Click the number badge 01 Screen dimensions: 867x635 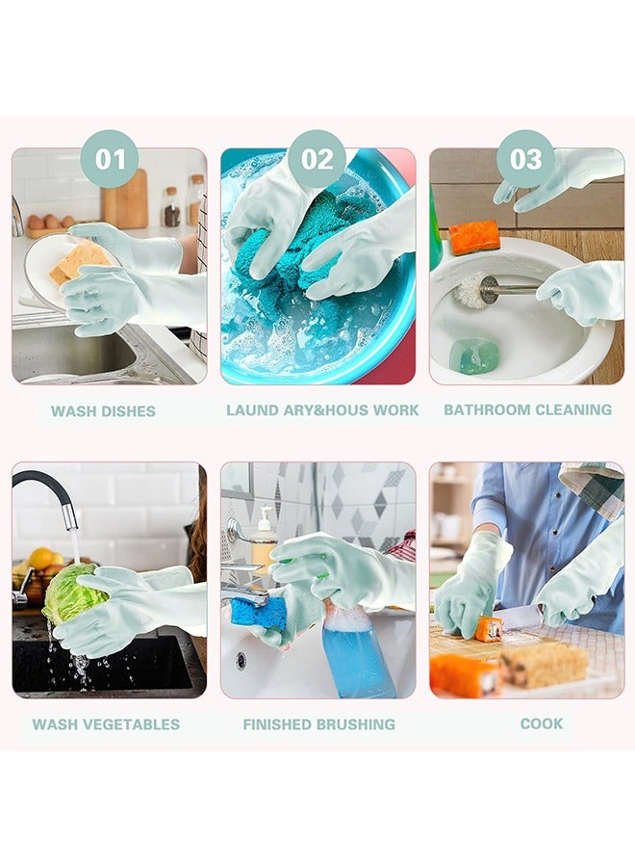(110, 159)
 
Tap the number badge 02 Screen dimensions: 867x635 (317, 159)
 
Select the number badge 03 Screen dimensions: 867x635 (525, 159)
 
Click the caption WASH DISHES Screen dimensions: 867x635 (103, 411)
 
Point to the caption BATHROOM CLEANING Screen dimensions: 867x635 (527, 409)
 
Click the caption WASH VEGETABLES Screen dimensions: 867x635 (106, 724)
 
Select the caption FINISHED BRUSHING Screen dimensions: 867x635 (318, 724)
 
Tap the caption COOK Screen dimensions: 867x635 (542, 723)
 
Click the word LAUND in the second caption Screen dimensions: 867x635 (251, 410)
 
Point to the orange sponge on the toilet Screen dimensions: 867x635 (474, 237)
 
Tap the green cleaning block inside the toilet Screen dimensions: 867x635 (474, 355)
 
